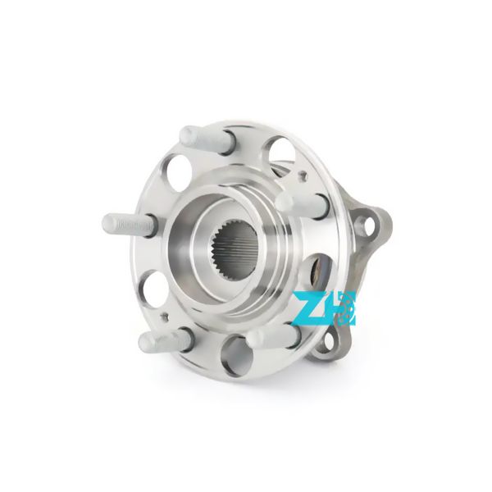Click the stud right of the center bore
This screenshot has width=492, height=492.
(296, 205)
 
